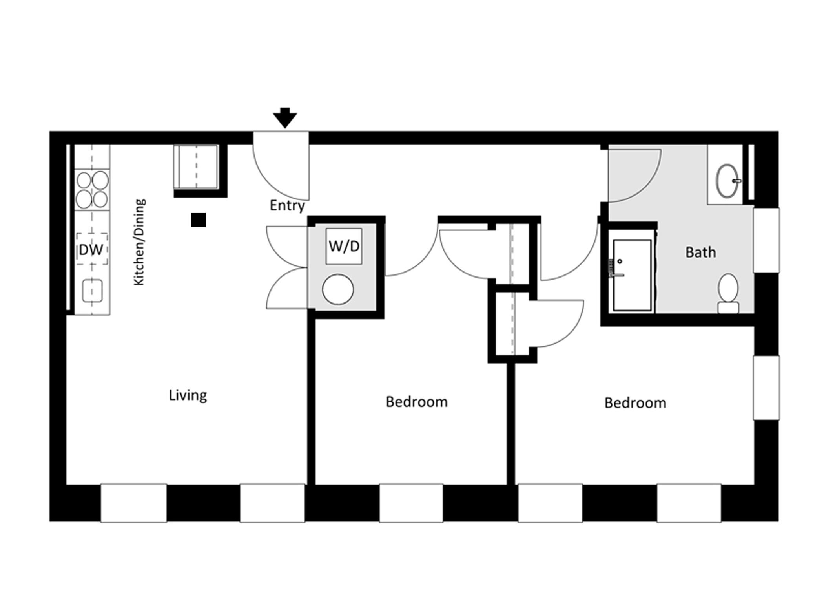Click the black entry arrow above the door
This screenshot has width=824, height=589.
(x=285, y=118)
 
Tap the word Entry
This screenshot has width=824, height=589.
(x=287, y=206)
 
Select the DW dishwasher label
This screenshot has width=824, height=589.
(x=91, y=250)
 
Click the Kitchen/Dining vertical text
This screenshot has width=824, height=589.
(x=139, y=242)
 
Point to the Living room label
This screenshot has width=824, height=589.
(x=188, y=395)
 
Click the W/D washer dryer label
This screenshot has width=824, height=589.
(x=344, y=246)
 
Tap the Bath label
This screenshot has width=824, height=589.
(x=701, y=252)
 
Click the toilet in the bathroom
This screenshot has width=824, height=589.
(x=728, y=293)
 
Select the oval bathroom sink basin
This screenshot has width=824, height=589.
(x=727, y=181)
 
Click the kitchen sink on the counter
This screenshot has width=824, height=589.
(x=92, y=291)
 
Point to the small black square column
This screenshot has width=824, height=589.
(x=199, y=220)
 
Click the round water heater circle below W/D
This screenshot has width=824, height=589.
(x=338, y=289)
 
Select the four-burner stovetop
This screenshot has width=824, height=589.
(x=92, y=189)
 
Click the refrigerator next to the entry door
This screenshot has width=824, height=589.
(x=196, y=167)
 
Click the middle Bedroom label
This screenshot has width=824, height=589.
(x=417, y=402)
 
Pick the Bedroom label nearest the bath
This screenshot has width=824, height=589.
(x=635, y=403)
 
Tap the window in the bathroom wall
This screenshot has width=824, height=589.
(x=766, y=240)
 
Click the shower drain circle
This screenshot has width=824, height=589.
(x=620, y=261)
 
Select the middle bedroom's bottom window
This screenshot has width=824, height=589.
(x=411, y=503)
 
